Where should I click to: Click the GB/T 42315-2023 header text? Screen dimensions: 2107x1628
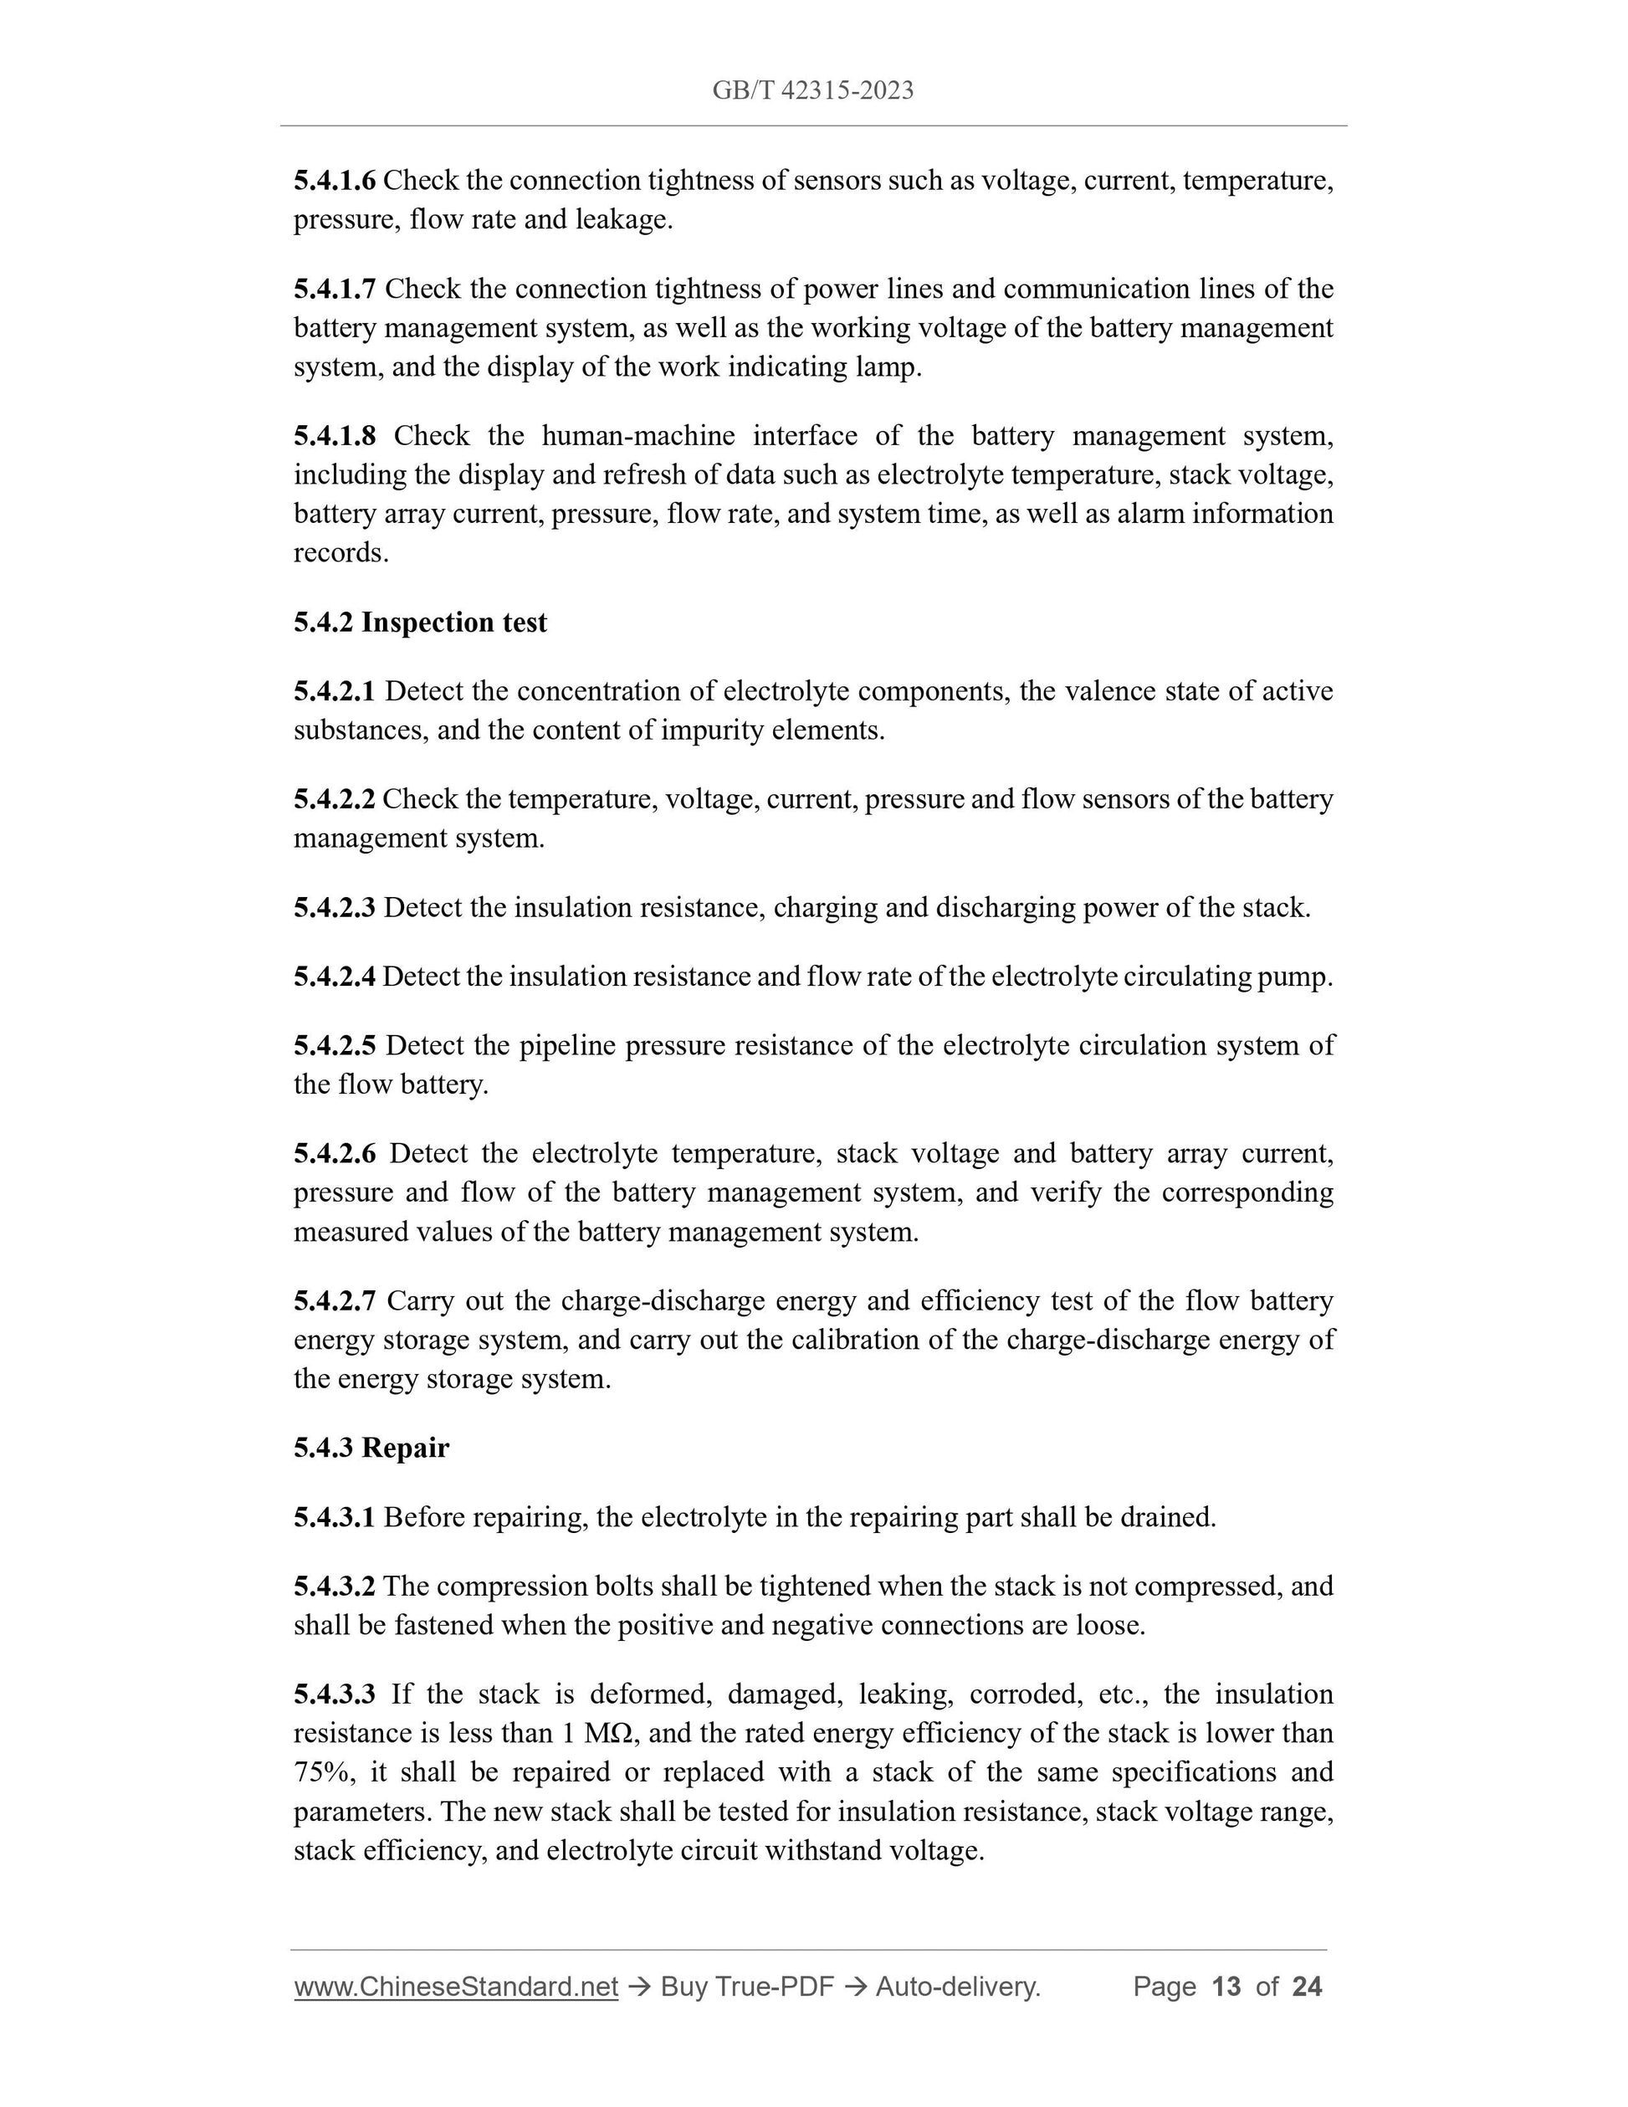click(x=813, y=90)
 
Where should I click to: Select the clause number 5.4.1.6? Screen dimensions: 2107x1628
click(x=335, y=181)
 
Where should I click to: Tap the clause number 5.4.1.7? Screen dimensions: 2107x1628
click(x=335, y=289)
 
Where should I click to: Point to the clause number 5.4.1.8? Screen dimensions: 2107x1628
click(x=335, y=436)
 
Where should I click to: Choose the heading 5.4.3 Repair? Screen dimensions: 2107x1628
click(x=371, y=1448)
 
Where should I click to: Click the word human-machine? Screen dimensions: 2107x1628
click(x=637, y=436)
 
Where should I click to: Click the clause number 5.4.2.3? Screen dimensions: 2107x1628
click(x=335, y=908)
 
